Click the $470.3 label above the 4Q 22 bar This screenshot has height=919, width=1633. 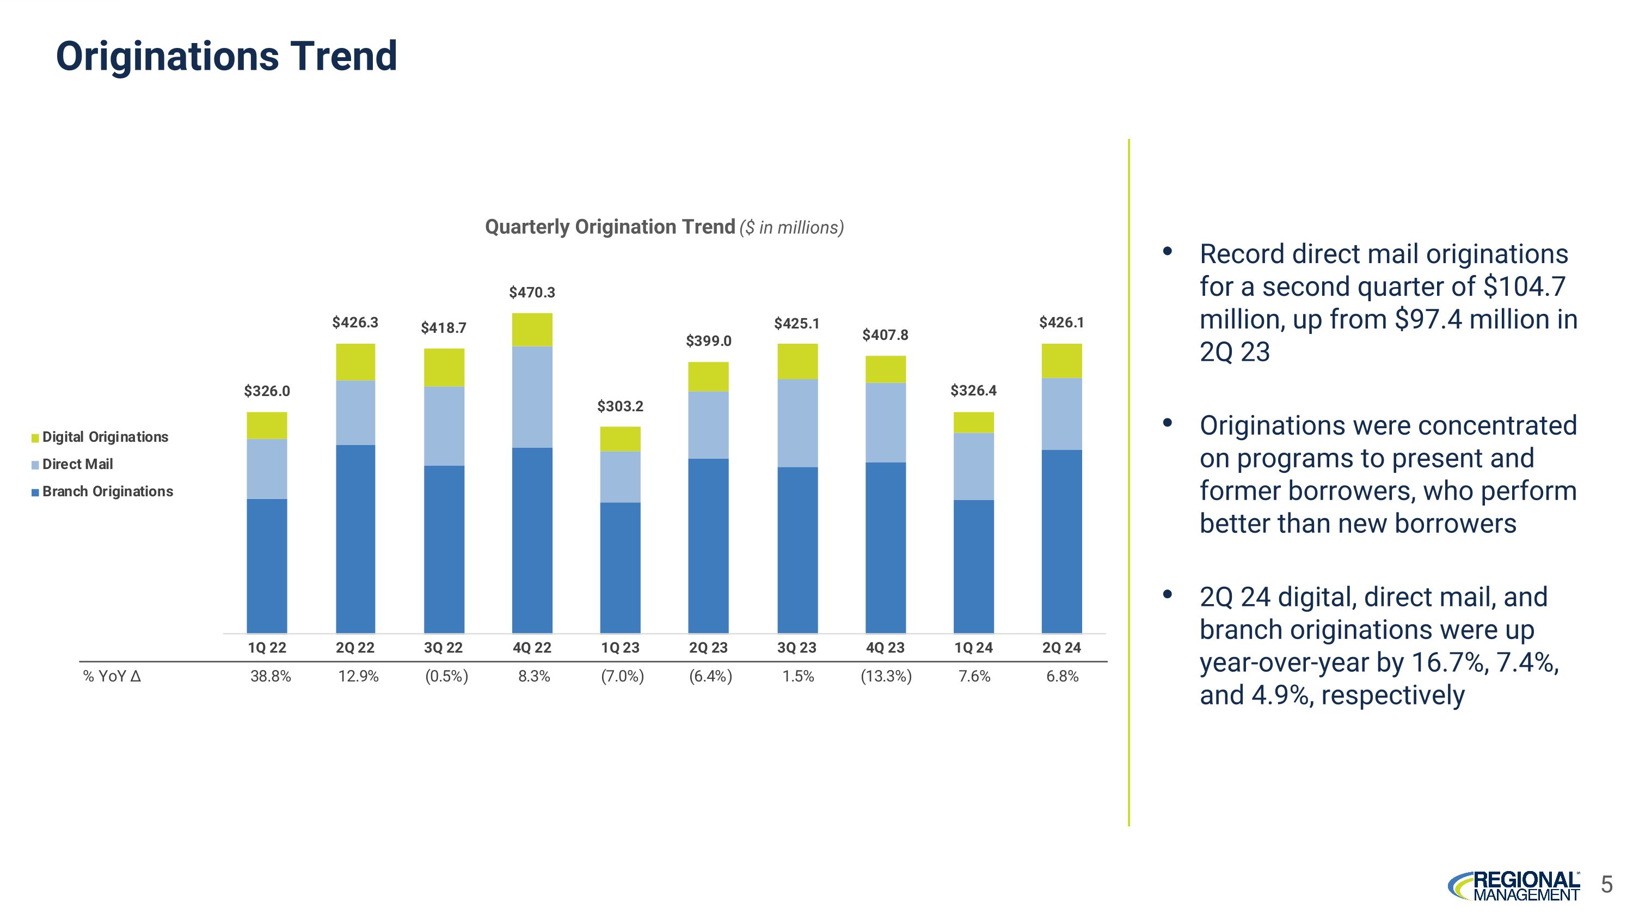pyautogui.click(x=532, y=293)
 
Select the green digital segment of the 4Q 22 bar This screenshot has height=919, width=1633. pyautogui.click(x=532, y=330)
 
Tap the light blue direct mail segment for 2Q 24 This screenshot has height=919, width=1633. pyautogui.click(x=1061, y=414)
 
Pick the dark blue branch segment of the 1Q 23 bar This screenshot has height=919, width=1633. pyautogui.click(x=620, y=568)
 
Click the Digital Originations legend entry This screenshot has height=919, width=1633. pyautogui.click(x=100, y=437)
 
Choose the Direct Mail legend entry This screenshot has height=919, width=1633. pyautogui.click(x=72, y=464)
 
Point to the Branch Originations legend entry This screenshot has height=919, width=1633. pyautogui.click(x=102, y=491)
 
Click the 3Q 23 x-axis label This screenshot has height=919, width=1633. pyautogui.click(x=797, y=648)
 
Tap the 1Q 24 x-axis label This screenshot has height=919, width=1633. pyautogui.click(x=973, y=648)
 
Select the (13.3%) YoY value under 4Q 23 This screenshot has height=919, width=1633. pyautogui.click(x=886, y=677)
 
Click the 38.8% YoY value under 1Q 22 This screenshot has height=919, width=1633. pyautogui.click(x=271, y=677)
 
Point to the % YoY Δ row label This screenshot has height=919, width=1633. pyautogui.click(x=112, y=677)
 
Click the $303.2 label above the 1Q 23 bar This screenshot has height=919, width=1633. pyautogui.click(x=620, y=406)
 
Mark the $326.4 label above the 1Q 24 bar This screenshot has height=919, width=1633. pyautogui.click(x=973, y=391)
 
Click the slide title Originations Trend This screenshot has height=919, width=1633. pyautogui.click(x=226, y=57)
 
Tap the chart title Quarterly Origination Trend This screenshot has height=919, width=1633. pyautogui.click(x=610, y=227)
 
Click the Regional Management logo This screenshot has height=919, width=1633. pyautogui.click(x=1514, y=885)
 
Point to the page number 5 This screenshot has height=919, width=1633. pyautogui.click(x=1606, y=884)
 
